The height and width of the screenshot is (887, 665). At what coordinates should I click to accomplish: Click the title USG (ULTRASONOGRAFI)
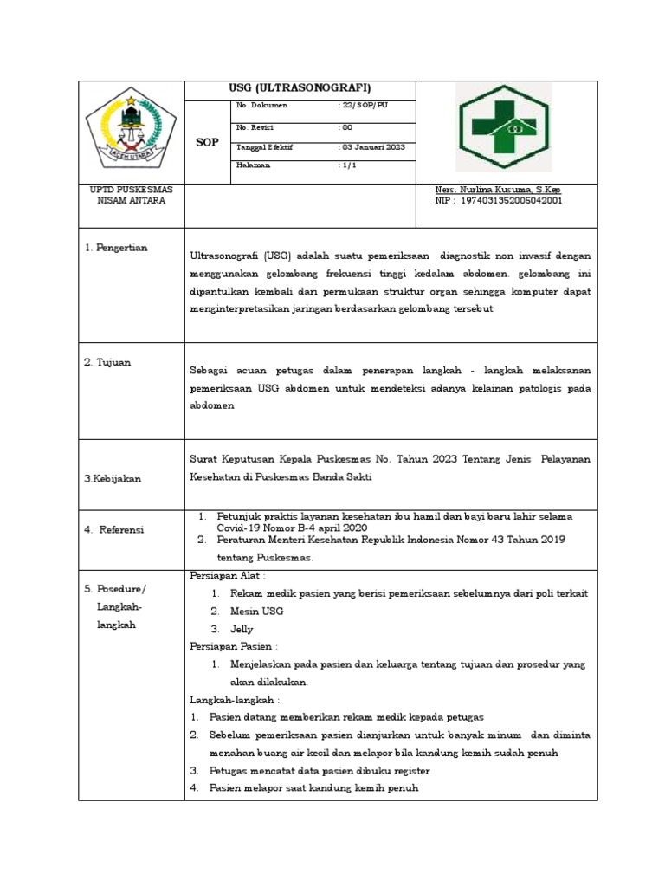click(300, 88)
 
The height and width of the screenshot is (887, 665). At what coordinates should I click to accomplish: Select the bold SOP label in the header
click(208, 142)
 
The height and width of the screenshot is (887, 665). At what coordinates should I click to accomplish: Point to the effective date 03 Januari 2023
click(373, 147)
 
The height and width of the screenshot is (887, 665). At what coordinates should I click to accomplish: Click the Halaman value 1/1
click(348, 165)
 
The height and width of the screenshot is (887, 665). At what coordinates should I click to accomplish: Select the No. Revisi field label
click(255, 127)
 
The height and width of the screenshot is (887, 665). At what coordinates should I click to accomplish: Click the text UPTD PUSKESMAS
click(132, 190)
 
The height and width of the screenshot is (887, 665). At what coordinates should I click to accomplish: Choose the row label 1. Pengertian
click(116, 248)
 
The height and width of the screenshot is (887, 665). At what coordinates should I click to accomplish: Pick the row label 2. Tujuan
click(107, 362)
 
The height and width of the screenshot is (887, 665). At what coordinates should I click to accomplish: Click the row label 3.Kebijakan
click(113, 478)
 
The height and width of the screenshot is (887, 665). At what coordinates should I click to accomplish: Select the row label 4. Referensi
click(114, 529)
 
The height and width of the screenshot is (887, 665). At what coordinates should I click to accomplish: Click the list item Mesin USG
click(257, 612)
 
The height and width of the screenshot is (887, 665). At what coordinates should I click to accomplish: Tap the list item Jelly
click(242, 630)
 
